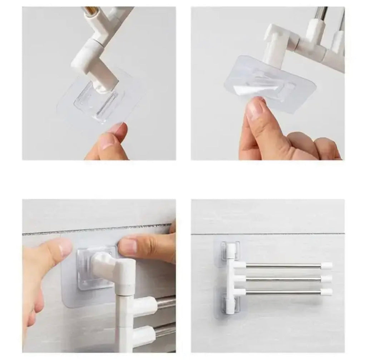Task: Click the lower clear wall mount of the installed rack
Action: tap(230, 303)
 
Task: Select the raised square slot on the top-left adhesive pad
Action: tap(96, 103)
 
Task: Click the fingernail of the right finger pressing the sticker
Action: tap(128, 246)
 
